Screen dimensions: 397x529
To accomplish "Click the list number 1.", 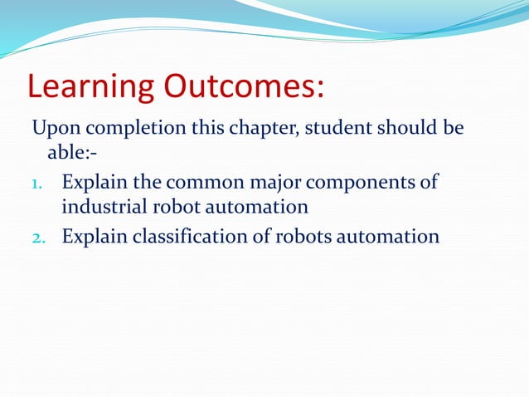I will pos(36,183).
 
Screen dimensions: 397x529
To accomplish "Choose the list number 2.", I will pos(37,238).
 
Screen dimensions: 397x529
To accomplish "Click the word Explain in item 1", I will pos(95,182).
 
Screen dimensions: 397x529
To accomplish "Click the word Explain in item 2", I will pos(95,237).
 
